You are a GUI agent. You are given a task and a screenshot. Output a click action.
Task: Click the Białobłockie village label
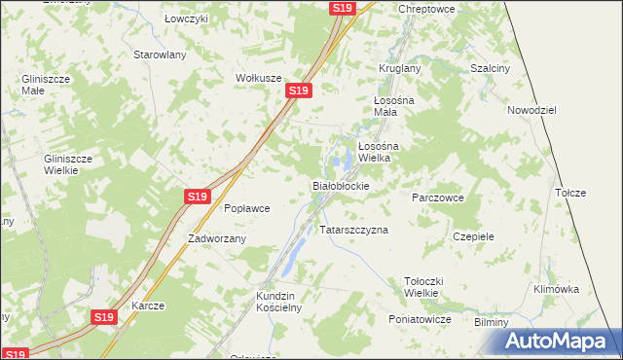pyautogui.click(x=340, y=185)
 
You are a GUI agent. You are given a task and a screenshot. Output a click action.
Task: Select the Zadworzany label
pyautogui.click(x=217, y=238)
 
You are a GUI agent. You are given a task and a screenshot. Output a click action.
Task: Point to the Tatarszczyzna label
pyautogui.click(x=354, y=231)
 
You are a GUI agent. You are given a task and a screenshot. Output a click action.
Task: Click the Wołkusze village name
pyautogui.click(x=258, y=78)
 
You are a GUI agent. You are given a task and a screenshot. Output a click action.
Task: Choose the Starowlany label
pyautogui.click(x=160, y=54)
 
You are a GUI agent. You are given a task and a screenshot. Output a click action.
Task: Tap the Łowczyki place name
pyautogui.click(x=186, y=19)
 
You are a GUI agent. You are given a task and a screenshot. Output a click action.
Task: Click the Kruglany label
pyautogui.click(x=399, y=69)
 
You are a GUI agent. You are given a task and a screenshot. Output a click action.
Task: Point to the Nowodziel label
pyautogui.click(x=531, y=111)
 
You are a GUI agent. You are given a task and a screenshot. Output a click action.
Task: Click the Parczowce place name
pyautogui.click(x=437, y=198)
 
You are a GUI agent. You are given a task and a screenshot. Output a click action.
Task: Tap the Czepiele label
pyautogui.click(x=474, y=236)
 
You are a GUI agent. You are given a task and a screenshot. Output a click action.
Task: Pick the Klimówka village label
pyautogui.click(x=557, y=289)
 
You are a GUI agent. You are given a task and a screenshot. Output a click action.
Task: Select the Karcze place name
pyautogui.click(x=148, y=306)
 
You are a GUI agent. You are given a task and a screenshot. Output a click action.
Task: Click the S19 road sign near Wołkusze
pyautogui.click(x=298, y=90)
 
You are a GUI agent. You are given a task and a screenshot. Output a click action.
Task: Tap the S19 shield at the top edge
pyautogui.click(x=341, y=8)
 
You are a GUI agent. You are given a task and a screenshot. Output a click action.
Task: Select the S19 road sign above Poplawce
pyautogui.click(x=198, y=197)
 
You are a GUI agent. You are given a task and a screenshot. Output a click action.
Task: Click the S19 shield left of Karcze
pyautogui.click(x=105, y=317)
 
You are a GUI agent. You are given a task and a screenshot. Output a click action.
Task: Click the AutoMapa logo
pyautogui.click(x=562, y=342)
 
